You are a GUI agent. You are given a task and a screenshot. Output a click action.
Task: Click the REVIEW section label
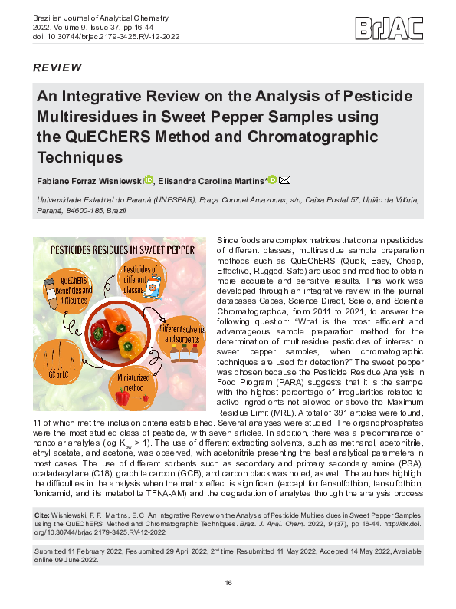pos(57,68)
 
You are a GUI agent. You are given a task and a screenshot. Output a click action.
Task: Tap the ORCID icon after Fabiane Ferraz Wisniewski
pos(149,180)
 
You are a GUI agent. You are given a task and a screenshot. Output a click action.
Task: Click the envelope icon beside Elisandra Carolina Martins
pos(284,180)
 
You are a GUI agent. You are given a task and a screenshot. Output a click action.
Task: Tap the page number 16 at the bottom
pos(228,584)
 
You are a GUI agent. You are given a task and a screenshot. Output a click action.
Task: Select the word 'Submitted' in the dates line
pos(53,552)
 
